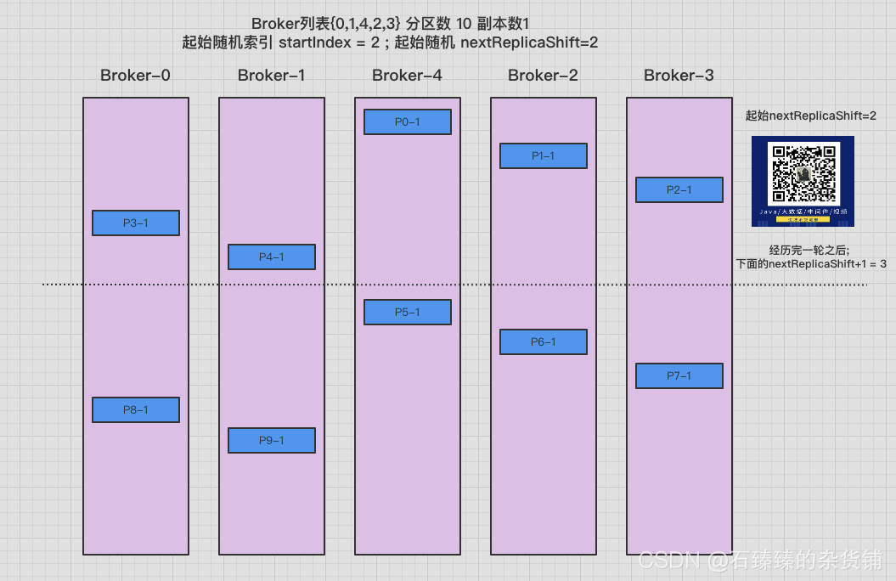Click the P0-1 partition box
coord(408,122)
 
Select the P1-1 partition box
coord(544,156)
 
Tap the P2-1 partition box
coord(679,190)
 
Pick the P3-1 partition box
coord(136,223)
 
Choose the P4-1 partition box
coord(272,257)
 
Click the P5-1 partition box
coord(408,313)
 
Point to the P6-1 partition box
coord(544,342)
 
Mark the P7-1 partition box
coord(679,376)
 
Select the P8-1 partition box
coord(136,410)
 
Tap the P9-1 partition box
coord(272,440)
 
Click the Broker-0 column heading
coord(135,76)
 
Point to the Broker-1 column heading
coord(271,76)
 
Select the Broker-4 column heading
coord(407,76)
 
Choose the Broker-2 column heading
coord(543,76)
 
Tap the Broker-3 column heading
coord(679,76)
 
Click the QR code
coord(803,173)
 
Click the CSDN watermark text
coord(760,560)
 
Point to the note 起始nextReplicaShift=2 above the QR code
coord(810,115)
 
